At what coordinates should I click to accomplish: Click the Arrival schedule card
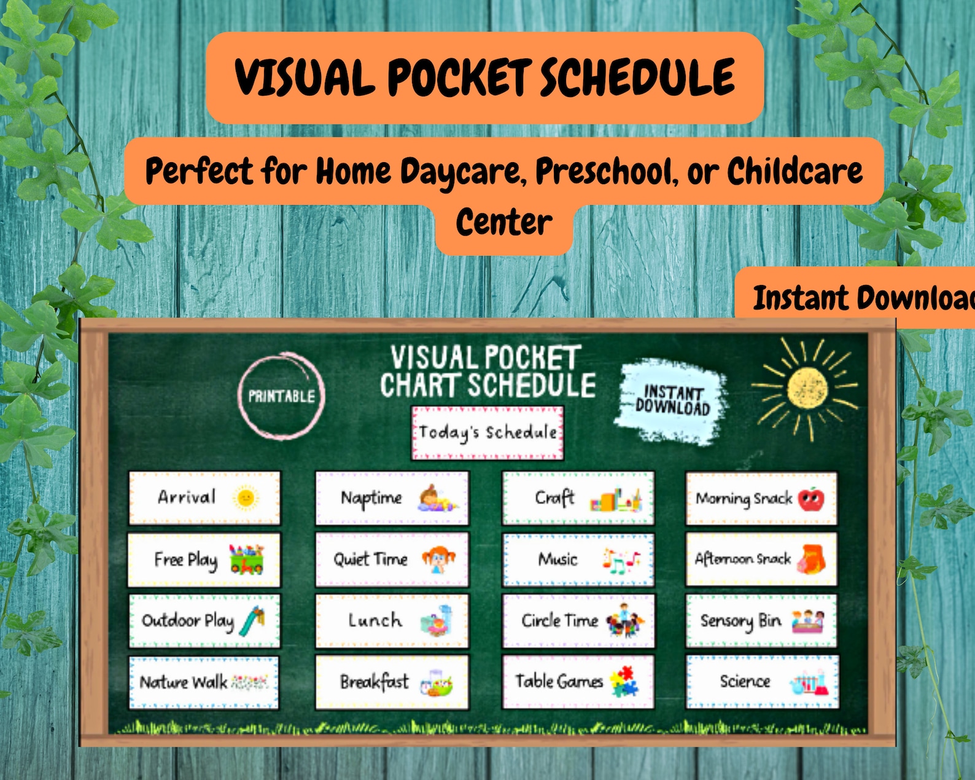(204, 498)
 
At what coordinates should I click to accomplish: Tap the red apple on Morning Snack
(811, 499)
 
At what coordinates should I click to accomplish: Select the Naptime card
(392, 498)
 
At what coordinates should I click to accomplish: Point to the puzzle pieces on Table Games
(624, 681)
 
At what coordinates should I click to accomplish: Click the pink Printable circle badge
(281, 396)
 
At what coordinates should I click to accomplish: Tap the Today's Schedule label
(487, 432)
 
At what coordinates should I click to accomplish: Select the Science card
(762, 681)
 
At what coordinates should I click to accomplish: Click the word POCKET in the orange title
(459, 77)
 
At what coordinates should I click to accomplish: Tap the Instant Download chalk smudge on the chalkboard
(672, 400)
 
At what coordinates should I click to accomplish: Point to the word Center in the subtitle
(503, 222)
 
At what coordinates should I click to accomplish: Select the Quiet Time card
(392, 560)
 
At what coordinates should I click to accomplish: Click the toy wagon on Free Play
(246, 560)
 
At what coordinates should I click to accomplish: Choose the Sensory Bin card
(761, 621)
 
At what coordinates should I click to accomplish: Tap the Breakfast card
(392, 682)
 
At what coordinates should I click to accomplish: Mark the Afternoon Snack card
(761, 560)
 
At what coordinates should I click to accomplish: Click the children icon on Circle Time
(625, 622)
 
